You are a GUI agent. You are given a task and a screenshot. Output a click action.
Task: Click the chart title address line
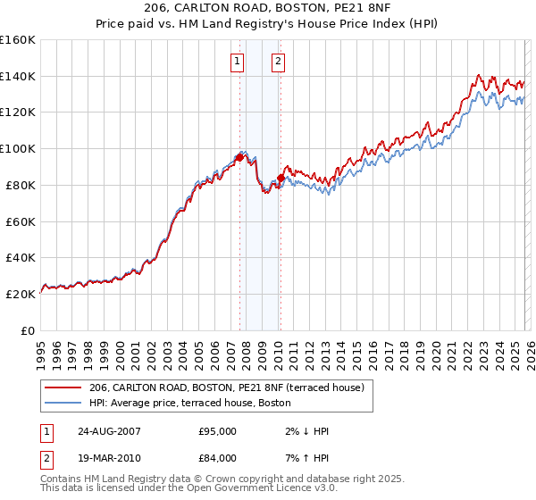click(x=268, y=8)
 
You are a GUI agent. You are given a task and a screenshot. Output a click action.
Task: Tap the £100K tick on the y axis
click(x=18, y=148)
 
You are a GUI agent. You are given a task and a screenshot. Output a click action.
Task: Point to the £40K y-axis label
click(x=20, y=257)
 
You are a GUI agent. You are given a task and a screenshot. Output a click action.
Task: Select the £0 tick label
click(x=28, y=330)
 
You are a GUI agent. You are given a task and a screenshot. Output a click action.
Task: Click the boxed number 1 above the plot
click(x=238, y=62)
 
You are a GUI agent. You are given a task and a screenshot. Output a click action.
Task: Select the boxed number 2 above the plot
click(x=279, y=62)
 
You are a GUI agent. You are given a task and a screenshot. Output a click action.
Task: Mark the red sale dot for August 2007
click(x=239, y=157)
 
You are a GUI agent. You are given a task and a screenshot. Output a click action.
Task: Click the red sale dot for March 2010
click(x=280, y=178)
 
